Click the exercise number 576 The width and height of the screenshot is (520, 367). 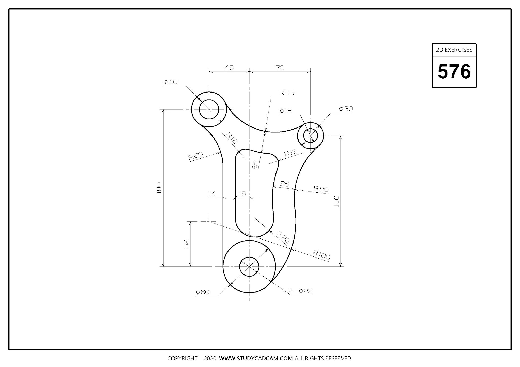click(454, 72)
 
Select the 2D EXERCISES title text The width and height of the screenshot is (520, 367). click(454, 50)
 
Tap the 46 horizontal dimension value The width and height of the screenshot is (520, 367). click(229, 68)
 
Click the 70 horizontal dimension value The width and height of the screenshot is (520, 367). click(280, 68)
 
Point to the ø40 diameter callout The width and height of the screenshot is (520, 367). click(171, 82)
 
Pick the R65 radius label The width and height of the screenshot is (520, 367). click(287, 93)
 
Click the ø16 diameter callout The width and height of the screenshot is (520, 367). click(286, 111)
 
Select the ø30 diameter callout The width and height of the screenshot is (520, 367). click(346, 109)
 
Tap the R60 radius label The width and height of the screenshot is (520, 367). click(196, 156)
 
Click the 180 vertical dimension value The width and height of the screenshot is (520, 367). click(159, 188)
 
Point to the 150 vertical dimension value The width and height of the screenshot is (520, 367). click(336, 201)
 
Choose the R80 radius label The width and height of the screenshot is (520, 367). click(321, 189)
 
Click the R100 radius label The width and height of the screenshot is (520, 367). click(321, 255)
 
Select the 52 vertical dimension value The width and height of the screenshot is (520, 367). click(186, 244)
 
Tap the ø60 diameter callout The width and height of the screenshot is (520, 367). click(203, 292)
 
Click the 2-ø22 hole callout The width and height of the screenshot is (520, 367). click(300, 291)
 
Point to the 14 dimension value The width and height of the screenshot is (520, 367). click(212, 194)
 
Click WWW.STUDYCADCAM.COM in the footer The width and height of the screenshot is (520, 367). click(256, 358)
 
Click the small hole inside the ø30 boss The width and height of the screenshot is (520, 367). click(311, 136)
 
